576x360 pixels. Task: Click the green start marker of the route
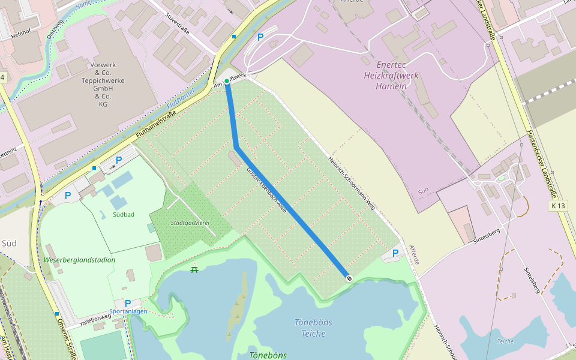227,81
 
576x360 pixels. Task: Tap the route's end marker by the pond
349,277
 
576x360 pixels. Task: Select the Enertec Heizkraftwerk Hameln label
391,75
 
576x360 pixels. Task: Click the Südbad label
123,214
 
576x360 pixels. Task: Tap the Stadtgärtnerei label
190,223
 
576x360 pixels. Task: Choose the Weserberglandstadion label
79,260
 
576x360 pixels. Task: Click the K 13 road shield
557,206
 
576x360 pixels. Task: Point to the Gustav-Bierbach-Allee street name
267,191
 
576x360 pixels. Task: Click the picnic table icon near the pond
194,269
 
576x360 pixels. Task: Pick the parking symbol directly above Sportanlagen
128,304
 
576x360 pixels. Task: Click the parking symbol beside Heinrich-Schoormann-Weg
395,254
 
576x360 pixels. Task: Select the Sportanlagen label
128,312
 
